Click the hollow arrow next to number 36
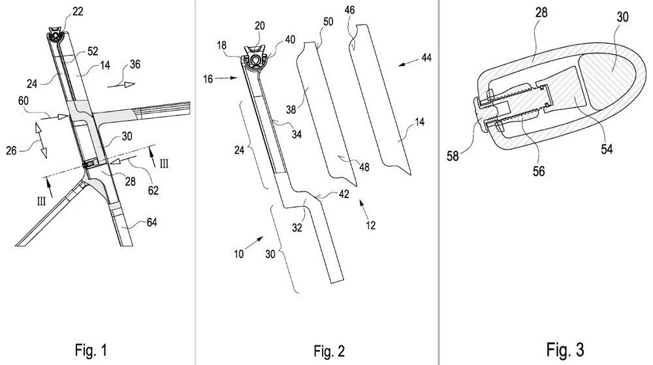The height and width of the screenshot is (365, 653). pyautogui.click(x=124, y=83)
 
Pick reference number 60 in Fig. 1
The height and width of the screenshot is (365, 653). pyautogui.click(x=41, y=102)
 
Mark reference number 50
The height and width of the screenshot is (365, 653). pyautogui.click(x=328, y=22)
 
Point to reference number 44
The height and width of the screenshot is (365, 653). pyautogui.click(x=426, y=58)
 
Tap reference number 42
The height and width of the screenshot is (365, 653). pyautogui.click(x=343, y=194)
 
